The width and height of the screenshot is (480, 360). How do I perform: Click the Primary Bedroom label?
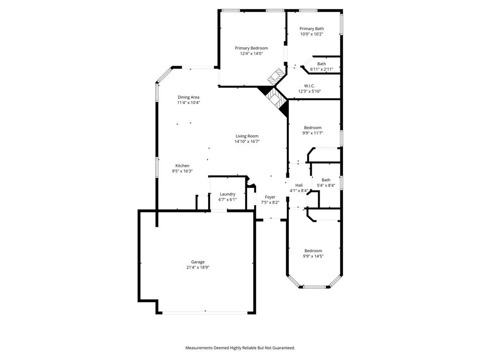coord(251,48)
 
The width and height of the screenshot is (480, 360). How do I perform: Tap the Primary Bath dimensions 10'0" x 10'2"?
coord(312,34)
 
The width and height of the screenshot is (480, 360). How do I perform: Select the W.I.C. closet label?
coord(309,86)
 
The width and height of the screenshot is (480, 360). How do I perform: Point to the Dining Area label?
coord(188,97)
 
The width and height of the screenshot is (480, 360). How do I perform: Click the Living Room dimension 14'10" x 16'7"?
coord(247,142)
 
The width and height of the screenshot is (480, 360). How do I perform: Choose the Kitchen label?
coord(182,165)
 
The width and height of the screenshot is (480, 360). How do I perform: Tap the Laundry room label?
coord(227,194)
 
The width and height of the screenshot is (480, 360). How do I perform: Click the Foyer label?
coord(270,197)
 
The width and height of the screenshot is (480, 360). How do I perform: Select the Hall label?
coord(299,185)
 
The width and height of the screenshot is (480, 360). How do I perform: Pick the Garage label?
coord(197,262)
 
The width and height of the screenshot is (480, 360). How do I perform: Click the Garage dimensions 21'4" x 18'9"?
coord(197,268)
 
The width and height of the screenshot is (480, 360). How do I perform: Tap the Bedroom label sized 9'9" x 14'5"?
coord(313,251)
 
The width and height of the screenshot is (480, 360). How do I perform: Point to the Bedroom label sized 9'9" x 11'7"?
coord(313,127)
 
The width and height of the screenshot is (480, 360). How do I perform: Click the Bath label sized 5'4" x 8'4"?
coord(326,180)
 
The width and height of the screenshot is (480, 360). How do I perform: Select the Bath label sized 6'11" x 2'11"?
coord(322,64)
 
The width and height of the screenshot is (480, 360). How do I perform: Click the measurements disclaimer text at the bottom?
coord(240,348)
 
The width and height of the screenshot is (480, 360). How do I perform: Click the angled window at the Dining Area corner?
coord(164,75)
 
